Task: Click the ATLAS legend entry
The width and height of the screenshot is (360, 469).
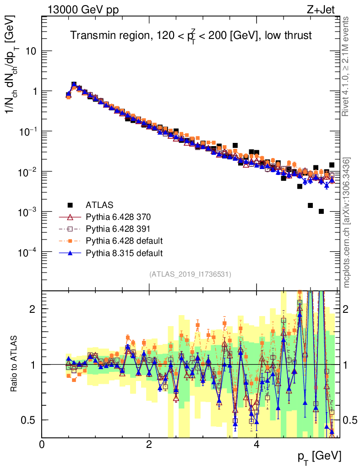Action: (99, 204)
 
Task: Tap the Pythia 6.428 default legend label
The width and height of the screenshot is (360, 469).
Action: (124, 240)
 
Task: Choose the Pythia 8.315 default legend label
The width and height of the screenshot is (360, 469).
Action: (124, 252)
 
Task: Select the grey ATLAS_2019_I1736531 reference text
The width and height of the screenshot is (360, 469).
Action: (190, 274)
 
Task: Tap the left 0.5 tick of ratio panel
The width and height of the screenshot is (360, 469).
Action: (30, 420)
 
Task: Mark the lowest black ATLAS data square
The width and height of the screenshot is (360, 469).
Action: (321, 211)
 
